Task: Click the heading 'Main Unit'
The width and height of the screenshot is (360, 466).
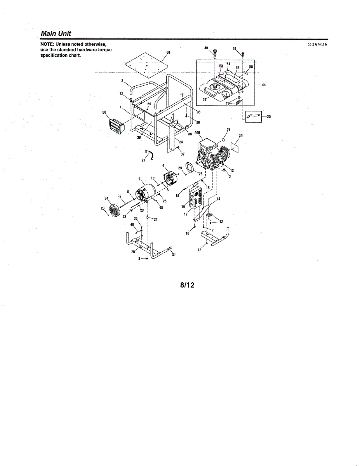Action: [x=56, y=34]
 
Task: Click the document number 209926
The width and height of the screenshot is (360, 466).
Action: [x=318, y=44]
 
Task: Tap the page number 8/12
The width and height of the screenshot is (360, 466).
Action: [x=187, y=285]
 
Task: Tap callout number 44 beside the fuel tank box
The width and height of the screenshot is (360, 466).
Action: [x=264, y=85]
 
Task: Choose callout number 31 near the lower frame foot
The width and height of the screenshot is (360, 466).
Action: [x=174, y=255]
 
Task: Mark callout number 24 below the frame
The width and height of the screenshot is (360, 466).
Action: [x=181, y=142]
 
